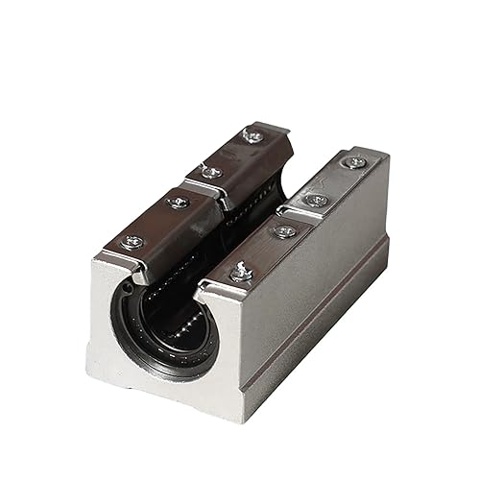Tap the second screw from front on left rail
coord(178,202)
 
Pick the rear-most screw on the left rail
coord(252,136)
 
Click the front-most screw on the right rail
coord(241,274)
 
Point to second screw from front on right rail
coord(283,231)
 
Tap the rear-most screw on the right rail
coord(356,162)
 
